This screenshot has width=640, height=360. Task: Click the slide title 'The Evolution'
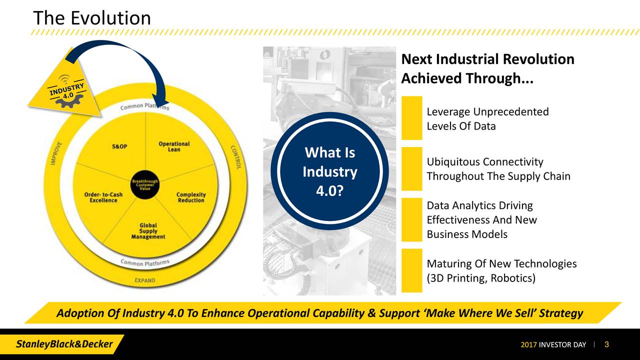tap(91, 18)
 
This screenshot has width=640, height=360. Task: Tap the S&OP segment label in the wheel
tap(119, 146)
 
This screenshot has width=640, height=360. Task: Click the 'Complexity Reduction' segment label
tap(191, 197)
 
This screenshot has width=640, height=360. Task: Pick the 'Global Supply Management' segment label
tap(148, 231)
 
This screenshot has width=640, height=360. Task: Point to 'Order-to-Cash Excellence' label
tap(103, 197)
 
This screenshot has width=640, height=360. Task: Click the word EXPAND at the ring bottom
tap(145, 280)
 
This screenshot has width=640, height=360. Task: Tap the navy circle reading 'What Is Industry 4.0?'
tap(329, 171)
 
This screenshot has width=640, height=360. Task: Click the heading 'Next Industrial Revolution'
tap(487, 59)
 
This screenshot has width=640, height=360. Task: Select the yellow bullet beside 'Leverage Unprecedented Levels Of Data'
tap(411, 118)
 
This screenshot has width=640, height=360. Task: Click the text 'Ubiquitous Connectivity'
tap(484, 162)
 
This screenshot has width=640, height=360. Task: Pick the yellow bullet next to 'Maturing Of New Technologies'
tap(411, 270)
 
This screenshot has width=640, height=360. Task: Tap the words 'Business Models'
tap(466, 234)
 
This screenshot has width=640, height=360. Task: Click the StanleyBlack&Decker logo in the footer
tap(65, 344)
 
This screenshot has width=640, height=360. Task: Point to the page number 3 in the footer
tap(606, 344)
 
